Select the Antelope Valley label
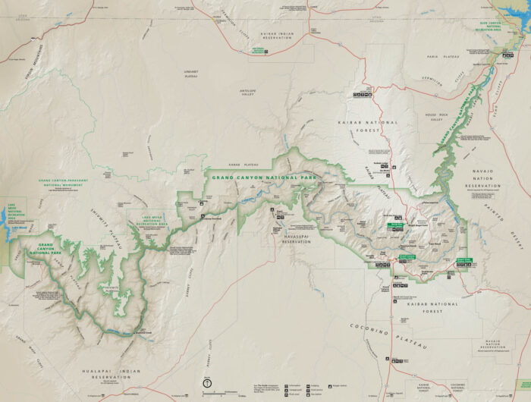248,93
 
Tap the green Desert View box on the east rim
463,260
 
